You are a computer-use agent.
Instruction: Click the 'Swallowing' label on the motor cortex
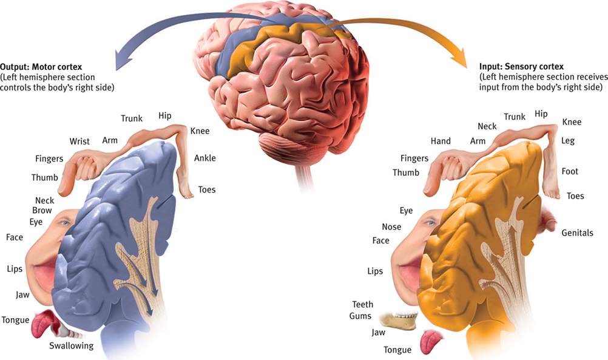72,346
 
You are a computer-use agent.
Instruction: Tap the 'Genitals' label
577,233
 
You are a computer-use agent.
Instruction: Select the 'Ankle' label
204,158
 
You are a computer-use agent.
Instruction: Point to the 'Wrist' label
79,141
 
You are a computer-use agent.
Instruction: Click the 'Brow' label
42,211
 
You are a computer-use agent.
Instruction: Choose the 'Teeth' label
362,304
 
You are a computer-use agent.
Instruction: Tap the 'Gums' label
360,316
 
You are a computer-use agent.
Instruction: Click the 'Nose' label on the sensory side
391,227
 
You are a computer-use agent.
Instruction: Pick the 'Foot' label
570,171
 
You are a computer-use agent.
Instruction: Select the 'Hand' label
441,141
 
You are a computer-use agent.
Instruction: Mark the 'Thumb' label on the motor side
45,178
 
